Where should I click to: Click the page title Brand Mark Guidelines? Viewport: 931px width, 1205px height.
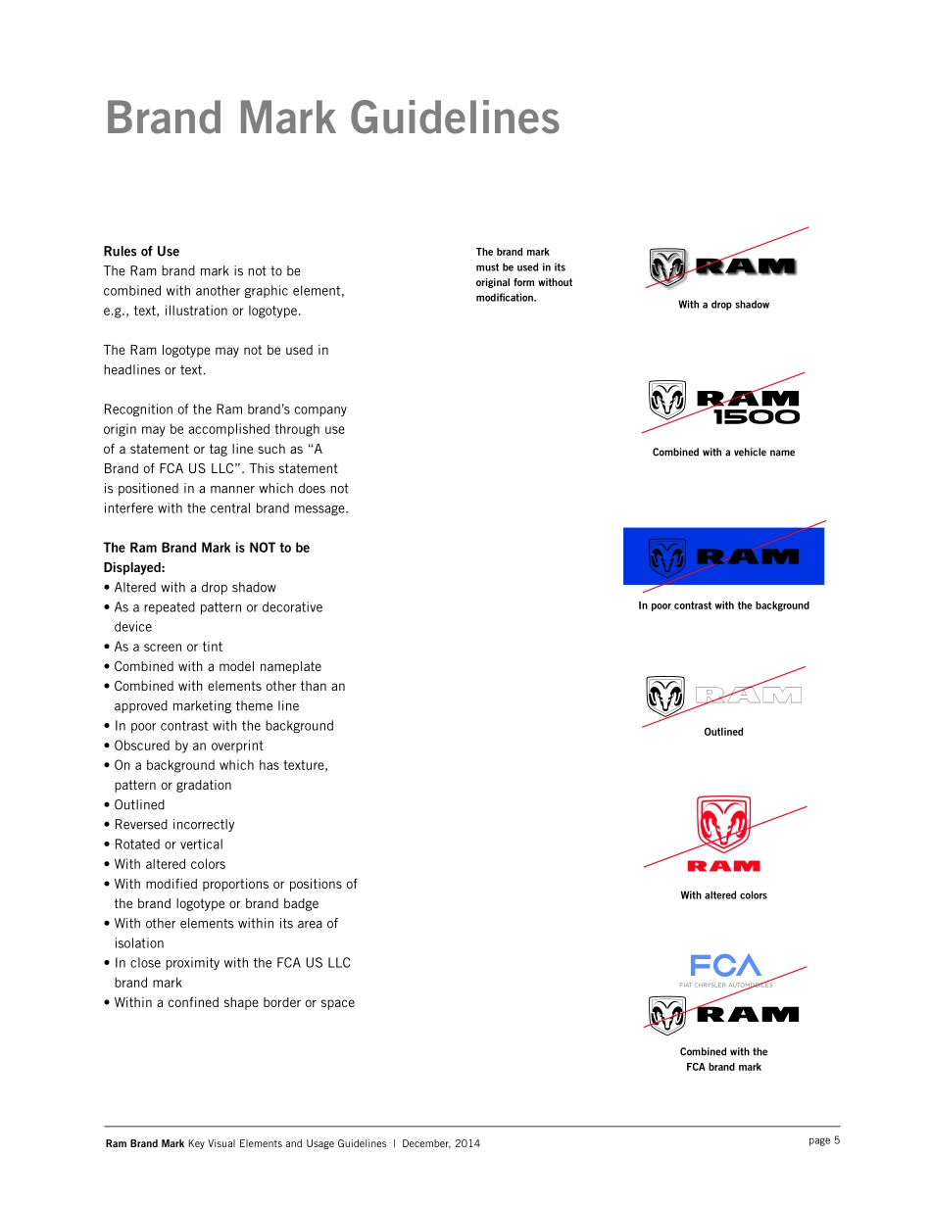point(332,119)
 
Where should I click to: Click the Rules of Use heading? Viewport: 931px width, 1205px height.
point(141,252)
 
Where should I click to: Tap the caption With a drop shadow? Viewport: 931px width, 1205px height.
point(723,305)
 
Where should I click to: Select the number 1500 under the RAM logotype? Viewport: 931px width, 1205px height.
point(756,416)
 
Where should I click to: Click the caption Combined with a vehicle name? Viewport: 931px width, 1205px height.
point(723,453)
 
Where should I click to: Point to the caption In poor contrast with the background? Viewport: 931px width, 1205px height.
point(723,605)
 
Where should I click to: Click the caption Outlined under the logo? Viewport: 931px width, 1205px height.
point(723,732)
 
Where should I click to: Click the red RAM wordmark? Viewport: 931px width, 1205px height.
point(723,866)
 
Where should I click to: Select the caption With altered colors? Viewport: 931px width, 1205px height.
point(723,895)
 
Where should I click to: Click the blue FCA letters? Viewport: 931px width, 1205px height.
point(725,966)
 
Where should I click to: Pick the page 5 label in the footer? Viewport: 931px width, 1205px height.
point(824,1140)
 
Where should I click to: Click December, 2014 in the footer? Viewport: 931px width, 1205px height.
point(441,1143)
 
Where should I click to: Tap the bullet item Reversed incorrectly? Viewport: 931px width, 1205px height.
point(173,825)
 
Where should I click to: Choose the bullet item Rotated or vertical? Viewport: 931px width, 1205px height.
point(168,844)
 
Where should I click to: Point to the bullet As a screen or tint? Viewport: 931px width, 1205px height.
point(168,647)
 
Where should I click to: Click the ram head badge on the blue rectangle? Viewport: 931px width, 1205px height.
point(667,557)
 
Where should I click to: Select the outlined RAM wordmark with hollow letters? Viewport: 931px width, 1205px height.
point(748,696)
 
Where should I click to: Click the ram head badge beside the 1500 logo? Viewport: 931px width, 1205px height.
point(667,401)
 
